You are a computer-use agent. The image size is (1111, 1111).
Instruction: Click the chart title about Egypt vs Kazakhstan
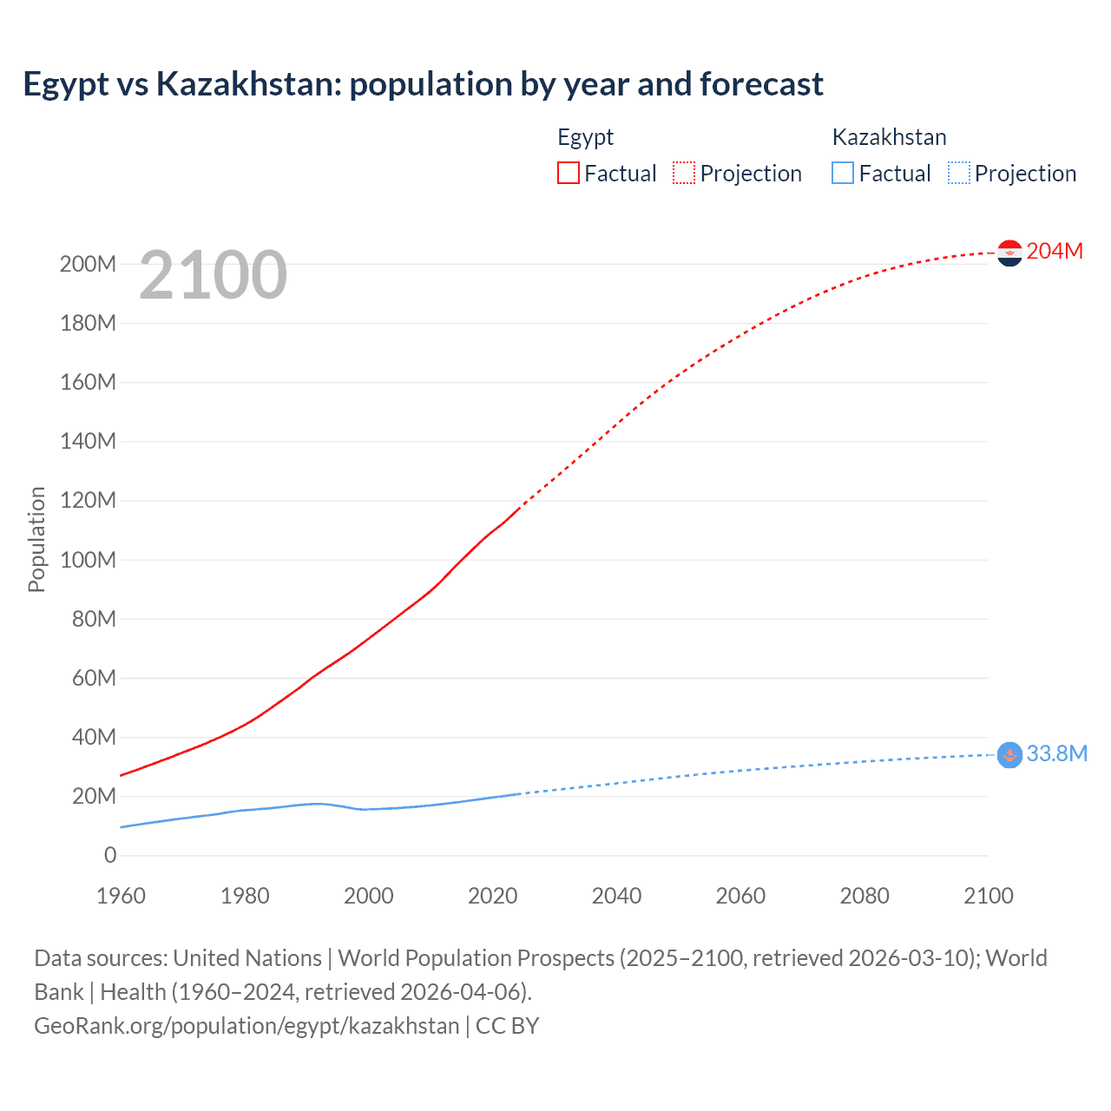423,84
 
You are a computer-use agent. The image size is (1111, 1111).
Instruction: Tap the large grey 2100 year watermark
213,275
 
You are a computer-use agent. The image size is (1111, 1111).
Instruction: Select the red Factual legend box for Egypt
568,173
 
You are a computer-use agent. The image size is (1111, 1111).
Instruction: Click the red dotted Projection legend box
684,173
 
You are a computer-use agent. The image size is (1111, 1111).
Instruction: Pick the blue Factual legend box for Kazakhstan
842,173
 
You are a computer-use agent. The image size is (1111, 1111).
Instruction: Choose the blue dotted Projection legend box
958,173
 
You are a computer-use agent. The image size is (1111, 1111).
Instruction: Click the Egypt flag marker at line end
1009,253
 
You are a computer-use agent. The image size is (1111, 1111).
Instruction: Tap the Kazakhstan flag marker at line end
1009,755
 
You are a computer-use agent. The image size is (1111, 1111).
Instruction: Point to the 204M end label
1055,251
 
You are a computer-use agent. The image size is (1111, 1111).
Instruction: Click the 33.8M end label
1056,753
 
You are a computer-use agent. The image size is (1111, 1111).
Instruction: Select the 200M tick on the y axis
88,264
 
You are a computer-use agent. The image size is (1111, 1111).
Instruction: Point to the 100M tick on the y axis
88,560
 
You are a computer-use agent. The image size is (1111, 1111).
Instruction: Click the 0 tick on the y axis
110,856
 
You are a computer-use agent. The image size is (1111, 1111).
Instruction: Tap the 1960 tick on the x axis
121,896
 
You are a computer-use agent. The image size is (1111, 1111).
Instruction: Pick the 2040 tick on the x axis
616,896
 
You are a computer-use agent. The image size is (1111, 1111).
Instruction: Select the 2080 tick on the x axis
864,896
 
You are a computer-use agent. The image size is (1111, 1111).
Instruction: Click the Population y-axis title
36,539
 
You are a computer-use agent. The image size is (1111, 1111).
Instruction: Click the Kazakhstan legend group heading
889,137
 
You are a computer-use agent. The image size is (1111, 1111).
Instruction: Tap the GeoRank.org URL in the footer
247,1026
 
